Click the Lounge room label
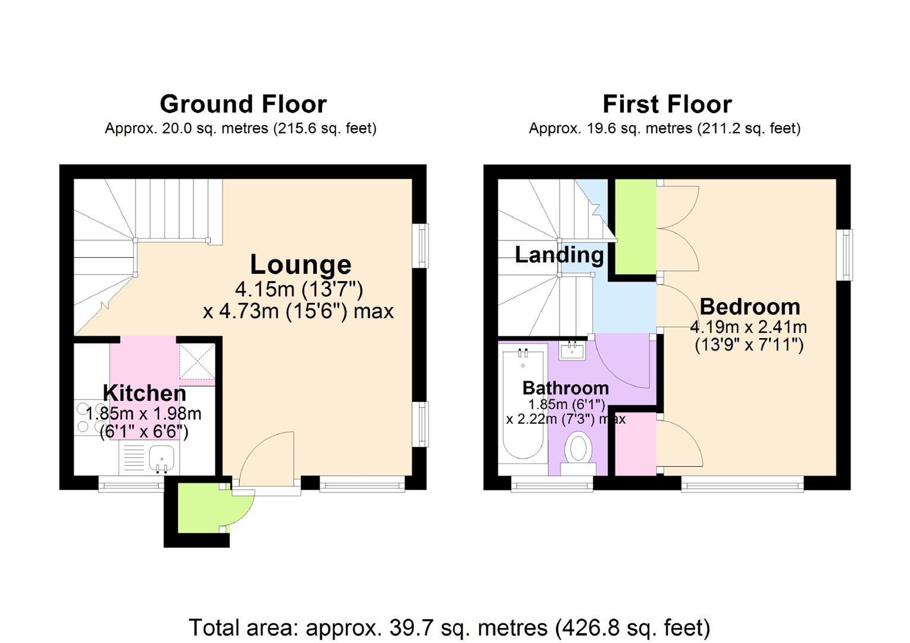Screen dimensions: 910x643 coord(301,264)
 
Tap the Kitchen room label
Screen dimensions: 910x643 coord(145,393)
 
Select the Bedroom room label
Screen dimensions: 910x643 coord(750,307)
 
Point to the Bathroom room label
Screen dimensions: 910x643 coord(565,388)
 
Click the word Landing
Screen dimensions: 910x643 coord(559,255)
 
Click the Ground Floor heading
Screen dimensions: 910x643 coord(243,104)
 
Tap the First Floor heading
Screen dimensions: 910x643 coord(667,104)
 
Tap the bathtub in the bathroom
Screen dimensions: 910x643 coord(523,404)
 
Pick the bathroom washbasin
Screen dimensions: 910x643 coord(572,351)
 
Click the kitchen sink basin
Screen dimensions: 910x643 coord(161,460)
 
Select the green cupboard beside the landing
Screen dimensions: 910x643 coord(636,226)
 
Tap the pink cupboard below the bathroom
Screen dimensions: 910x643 coord(636,444)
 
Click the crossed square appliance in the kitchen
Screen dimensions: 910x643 coord(197,361)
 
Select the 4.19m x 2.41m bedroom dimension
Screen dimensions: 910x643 coord(748,327)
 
